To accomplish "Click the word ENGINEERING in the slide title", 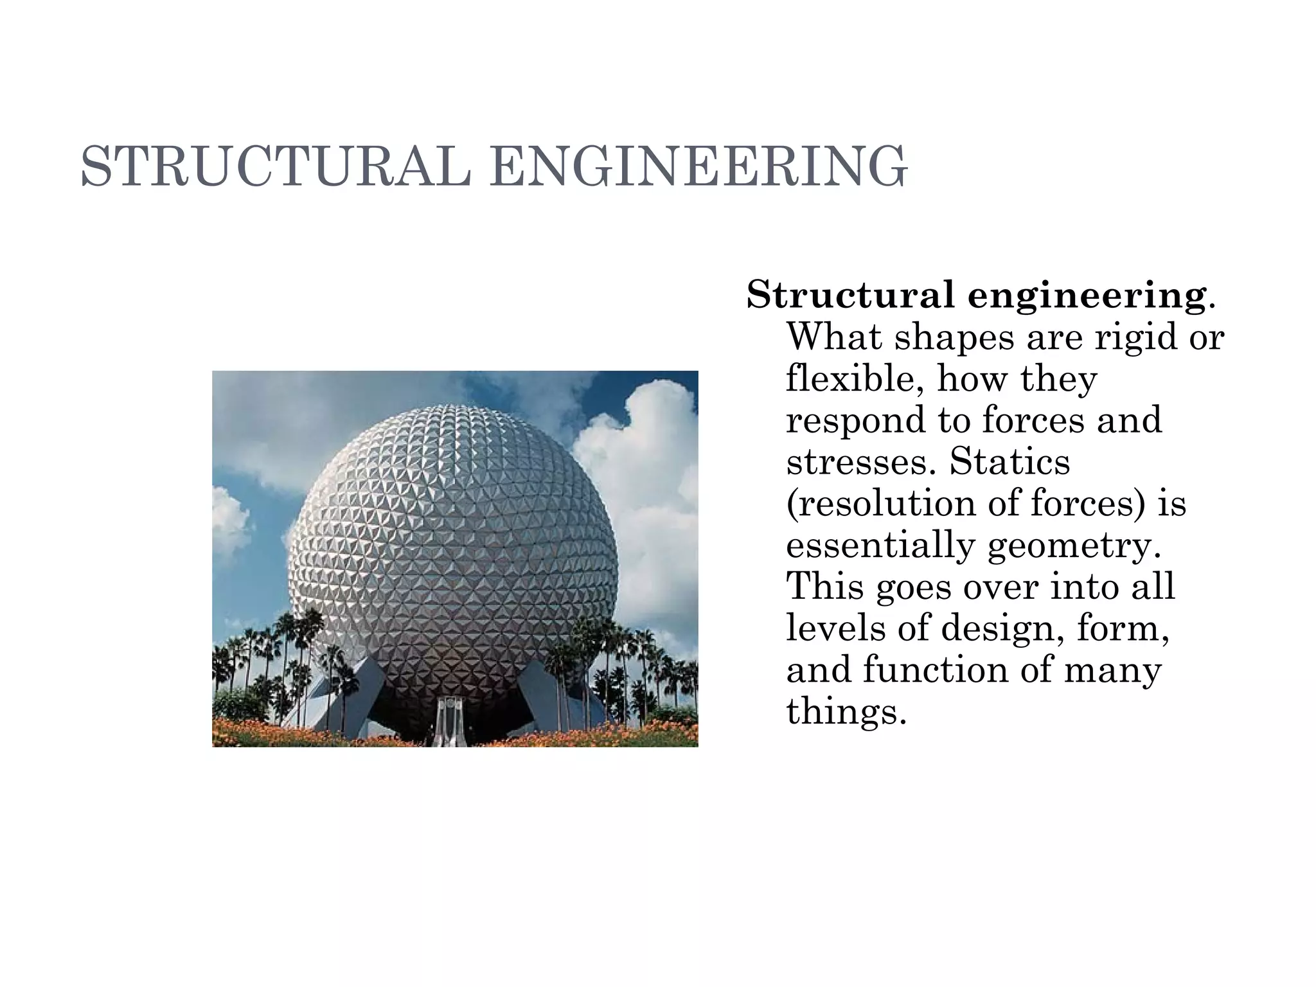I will click(x=698, y=166).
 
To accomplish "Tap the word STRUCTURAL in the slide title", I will click(x=275, y=166).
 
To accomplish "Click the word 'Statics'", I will click(x=1010, y=461).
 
